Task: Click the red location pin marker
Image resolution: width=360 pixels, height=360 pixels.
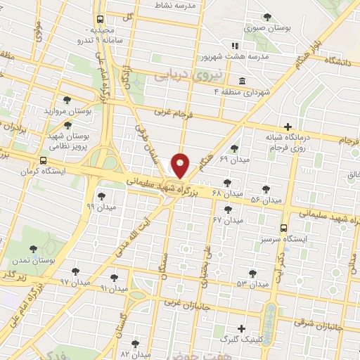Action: pyautogui.click(x=180, y=166)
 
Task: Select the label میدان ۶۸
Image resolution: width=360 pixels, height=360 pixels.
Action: pyautogui.click(x=227, y=193)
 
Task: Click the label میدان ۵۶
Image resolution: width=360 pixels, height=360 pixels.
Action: pyautogui.click(x=266, y=200)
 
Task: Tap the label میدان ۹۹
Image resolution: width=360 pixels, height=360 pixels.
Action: pyautogui.click(x=100, y=206)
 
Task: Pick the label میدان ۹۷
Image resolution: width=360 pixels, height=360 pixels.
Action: pyautogui.click(x=75, y=281)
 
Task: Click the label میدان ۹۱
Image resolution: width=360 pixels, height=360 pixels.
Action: pyautogui.click(x=114, y=288)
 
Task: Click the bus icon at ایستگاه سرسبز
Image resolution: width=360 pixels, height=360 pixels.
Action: pyautogui.click(x=283, y=228)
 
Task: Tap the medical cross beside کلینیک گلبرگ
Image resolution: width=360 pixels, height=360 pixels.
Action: pyautogui.click(x=242, y=328)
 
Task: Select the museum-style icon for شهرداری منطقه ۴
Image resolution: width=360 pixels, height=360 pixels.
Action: pyautogui.click(x=242, y=79)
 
